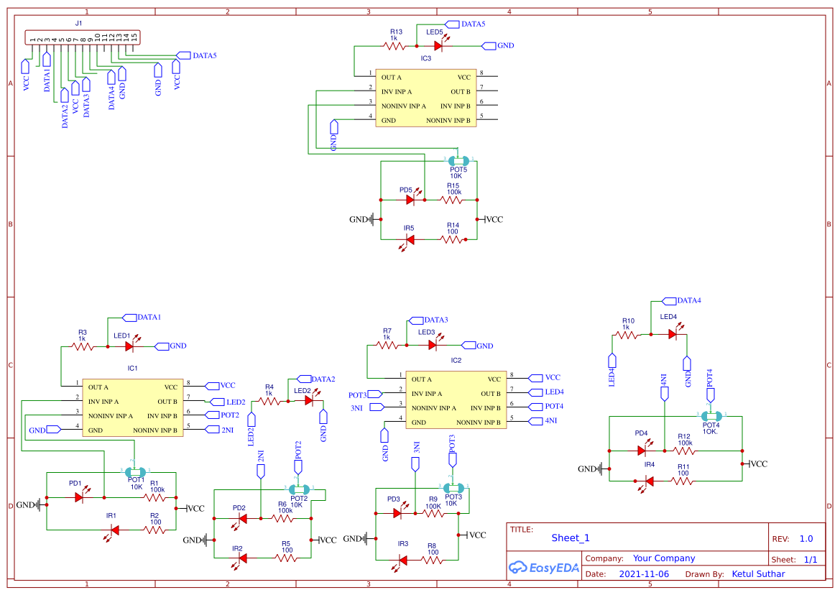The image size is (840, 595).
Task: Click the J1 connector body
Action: pos(82,37)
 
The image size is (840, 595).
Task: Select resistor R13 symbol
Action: pos(395,46)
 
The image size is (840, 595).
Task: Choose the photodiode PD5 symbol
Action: pos(411,200)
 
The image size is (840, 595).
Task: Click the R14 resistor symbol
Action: pos(453,239)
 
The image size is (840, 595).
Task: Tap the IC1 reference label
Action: pos(132,368)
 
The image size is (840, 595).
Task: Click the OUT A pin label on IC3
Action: pos(392,77)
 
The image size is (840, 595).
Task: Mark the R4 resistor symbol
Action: pos(269,401)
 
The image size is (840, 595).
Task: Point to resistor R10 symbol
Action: pos(627,334)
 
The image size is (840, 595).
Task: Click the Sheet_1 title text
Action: pos(571,538)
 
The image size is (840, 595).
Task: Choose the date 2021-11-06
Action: pos(643,574)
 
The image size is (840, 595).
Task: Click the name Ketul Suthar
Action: pos(758,574)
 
